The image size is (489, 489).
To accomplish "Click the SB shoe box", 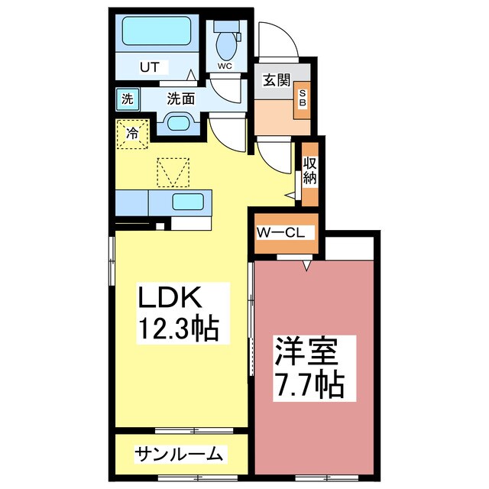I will pos(302,100).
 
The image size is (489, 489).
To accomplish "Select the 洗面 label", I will pos(180,98).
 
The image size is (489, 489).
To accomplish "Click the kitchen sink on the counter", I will pos(188,202).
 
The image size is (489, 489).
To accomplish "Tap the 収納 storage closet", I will pos(310,174).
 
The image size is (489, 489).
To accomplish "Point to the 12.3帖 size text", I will pos(179,329).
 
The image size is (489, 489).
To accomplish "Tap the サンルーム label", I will pos(179,455).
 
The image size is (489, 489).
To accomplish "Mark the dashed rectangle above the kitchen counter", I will pos(173,171).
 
